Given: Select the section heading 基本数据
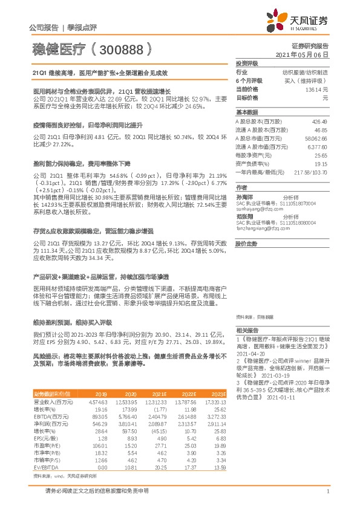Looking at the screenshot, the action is (x=247, y=112).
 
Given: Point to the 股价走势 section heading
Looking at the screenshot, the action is (x=245, y=243).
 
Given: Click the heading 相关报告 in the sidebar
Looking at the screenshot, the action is (x=247, y=330).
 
